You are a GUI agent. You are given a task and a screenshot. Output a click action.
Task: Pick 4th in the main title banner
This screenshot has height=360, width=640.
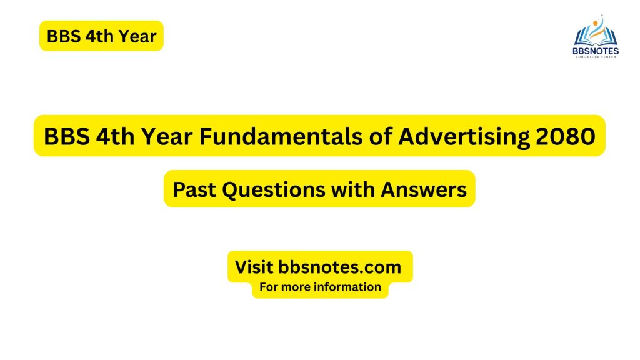point(116,136)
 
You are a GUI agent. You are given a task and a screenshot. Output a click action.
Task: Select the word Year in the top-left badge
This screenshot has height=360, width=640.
point(135,36)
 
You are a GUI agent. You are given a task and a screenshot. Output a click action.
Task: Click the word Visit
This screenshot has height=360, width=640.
point(254,267)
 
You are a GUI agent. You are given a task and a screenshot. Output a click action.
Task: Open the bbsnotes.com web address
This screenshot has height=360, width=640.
point(340,267)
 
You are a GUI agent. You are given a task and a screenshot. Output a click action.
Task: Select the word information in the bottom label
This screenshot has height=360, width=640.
point(348,287)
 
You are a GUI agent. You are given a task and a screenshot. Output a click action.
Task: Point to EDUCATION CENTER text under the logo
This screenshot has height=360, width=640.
point(596,57)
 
